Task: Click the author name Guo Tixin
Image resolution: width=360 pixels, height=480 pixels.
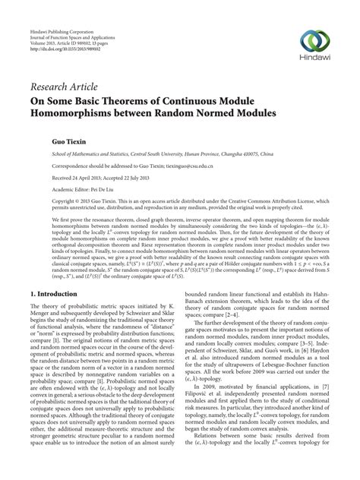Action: (x=46, y=142)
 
